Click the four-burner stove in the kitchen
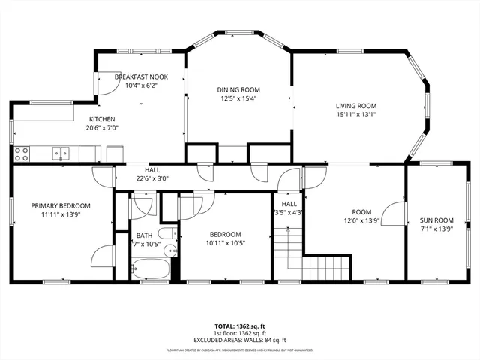click(22, 154)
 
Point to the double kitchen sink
click(60, 154)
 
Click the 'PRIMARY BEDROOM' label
click(61, 205)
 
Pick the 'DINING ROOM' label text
click(238, 89)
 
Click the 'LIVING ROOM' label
click(355, 106)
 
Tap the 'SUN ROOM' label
click(436, 220)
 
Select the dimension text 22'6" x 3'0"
click(152, 178)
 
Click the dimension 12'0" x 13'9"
click(361, 220)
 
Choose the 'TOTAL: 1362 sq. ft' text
click(239, 326)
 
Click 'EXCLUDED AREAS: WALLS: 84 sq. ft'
click(239, 340)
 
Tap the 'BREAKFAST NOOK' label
click(141, 77)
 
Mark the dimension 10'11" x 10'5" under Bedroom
click(225, 242)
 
